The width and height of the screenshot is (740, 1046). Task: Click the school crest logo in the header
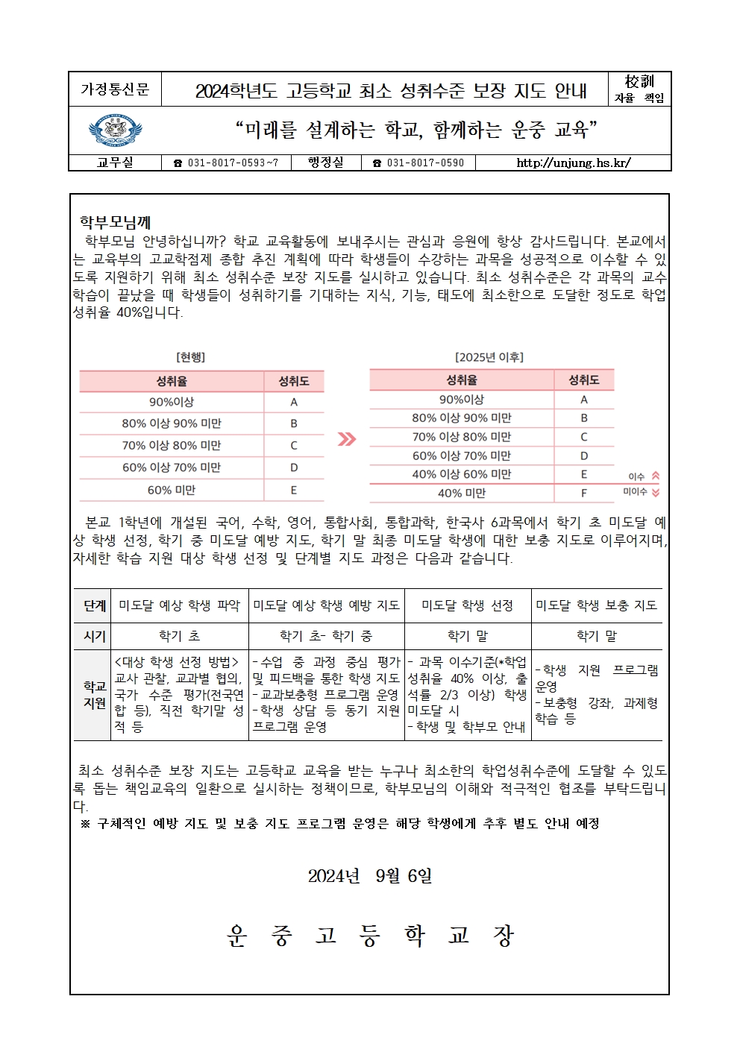click(x=115, y=131)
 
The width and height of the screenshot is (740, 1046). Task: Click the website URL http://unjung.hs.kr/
click(x=573, y=163)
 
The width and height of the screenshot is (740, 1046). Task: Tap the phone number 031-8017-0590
click(x=418, y=163)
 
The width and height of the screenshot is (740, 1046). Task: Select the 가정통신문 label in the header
click(x=115, y=89)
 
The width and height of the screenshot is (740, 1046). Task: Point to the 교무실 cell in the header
click(x=115, y=163)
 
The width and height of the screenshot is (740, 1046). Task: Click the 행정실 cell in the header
click(x=325, y=163)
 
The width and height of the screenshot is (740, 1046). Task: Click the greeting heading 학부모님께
click(x=116, y=222)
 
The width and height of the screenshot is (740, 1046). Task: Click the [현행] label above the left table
click(x=190, y=358)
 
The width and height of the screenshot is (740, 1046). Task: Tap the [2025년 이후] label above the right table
click(x=489, y=357)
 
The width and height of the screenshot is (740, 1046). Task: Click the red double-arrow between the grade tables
click(x=346, y=439)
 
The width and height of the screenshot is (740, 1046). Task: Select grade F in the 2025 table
click(x=584, y=493)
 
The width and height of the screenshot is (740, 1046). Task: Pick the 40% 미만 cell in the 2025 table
click(x=462, y=493)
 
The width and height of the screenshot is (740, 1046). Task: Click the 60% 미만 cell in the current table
click(x=172, y=490)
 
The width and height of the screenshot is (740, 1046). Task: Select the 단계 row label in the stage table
click(x=95, y=605)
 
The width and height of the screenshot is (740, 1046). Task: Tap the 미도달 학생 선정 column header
click(x=468, y=605)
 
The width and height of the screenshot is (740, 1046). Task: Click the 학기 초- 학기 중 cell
click(x=326, y=636)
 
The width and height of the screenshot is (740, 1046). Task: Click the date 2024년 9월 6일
click(x=370, y=876)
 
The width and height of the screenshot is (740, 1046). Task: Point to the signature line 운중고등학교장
click(x=370, y=936)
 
